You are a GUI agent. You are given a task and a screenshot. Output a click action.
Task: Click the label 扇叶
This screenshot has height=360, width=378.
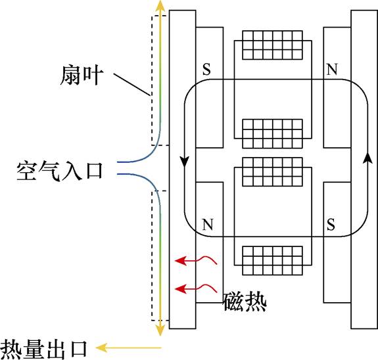tap(80, 77)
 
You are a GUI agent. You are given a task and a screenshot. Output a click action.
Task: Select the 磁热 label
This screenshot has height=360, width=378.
tap(245, 302)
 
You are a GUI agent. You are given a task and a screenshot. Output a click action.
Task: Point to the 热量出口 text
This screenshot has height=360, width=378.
tap(44, 346)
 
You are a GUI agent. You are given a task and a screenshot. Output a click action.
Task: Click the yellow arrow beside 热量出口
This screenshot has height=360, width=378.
tap(128, 346)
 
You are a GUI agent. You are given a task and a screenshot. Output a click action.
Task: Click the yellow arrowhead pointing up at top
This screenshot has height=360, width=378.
tap(158, 6)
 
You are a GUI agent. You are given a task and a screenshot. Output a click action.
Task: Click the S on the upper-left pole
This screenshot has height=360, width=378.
tap(206, 70)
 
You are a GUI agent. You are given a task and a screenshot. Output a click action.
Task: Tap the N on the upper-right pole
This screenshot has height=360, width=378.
tap(331, 70)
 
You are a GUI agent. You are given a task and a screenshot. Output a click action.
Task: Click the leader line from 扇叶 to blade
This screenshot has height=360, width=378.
tap(132, 86)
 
